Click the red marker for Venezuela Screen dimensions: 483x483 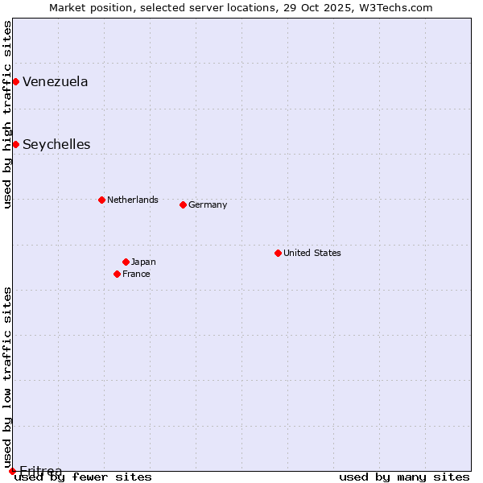point(15,81)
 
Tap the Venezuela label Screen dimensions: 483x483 point(56,81)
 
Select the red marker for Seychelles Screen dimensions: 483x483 point(15,144)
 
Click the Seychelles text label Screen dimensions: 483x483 point(56,145)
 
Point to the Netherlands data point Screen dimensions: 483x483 point(101,200)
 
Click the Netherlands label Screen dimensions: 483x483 point(132,200)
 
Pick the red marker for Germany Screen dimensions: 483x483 point(183,204)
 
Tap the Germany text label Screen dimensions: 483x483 point(208,204)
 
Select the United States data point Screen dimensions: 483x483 point(278,253)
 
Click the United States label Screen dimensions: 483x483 point(312,253)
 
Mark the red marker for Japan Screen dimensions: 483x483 point(126,262)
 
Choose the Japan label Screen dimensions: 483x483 point(143,262)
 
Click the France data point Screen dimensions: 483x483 point(117,274)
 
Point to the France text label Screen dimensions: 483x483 point(136,274)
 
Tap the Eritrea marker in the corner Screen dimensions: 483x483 point(12,471)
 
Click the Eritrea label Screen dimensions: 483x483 point(40,470)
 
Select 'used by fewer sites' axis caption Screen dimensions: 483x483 point(83,477)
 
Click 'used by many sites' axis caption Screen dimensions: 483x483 point(404,477)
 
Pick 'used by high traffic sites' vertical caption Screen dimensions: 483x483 point(7,114)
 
